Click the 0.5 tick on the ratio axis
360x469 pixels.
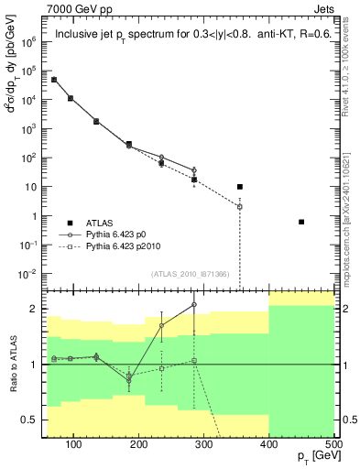[x=30, y=420]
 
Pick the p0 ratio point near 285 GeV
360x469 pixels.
[x=194, y=304]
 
